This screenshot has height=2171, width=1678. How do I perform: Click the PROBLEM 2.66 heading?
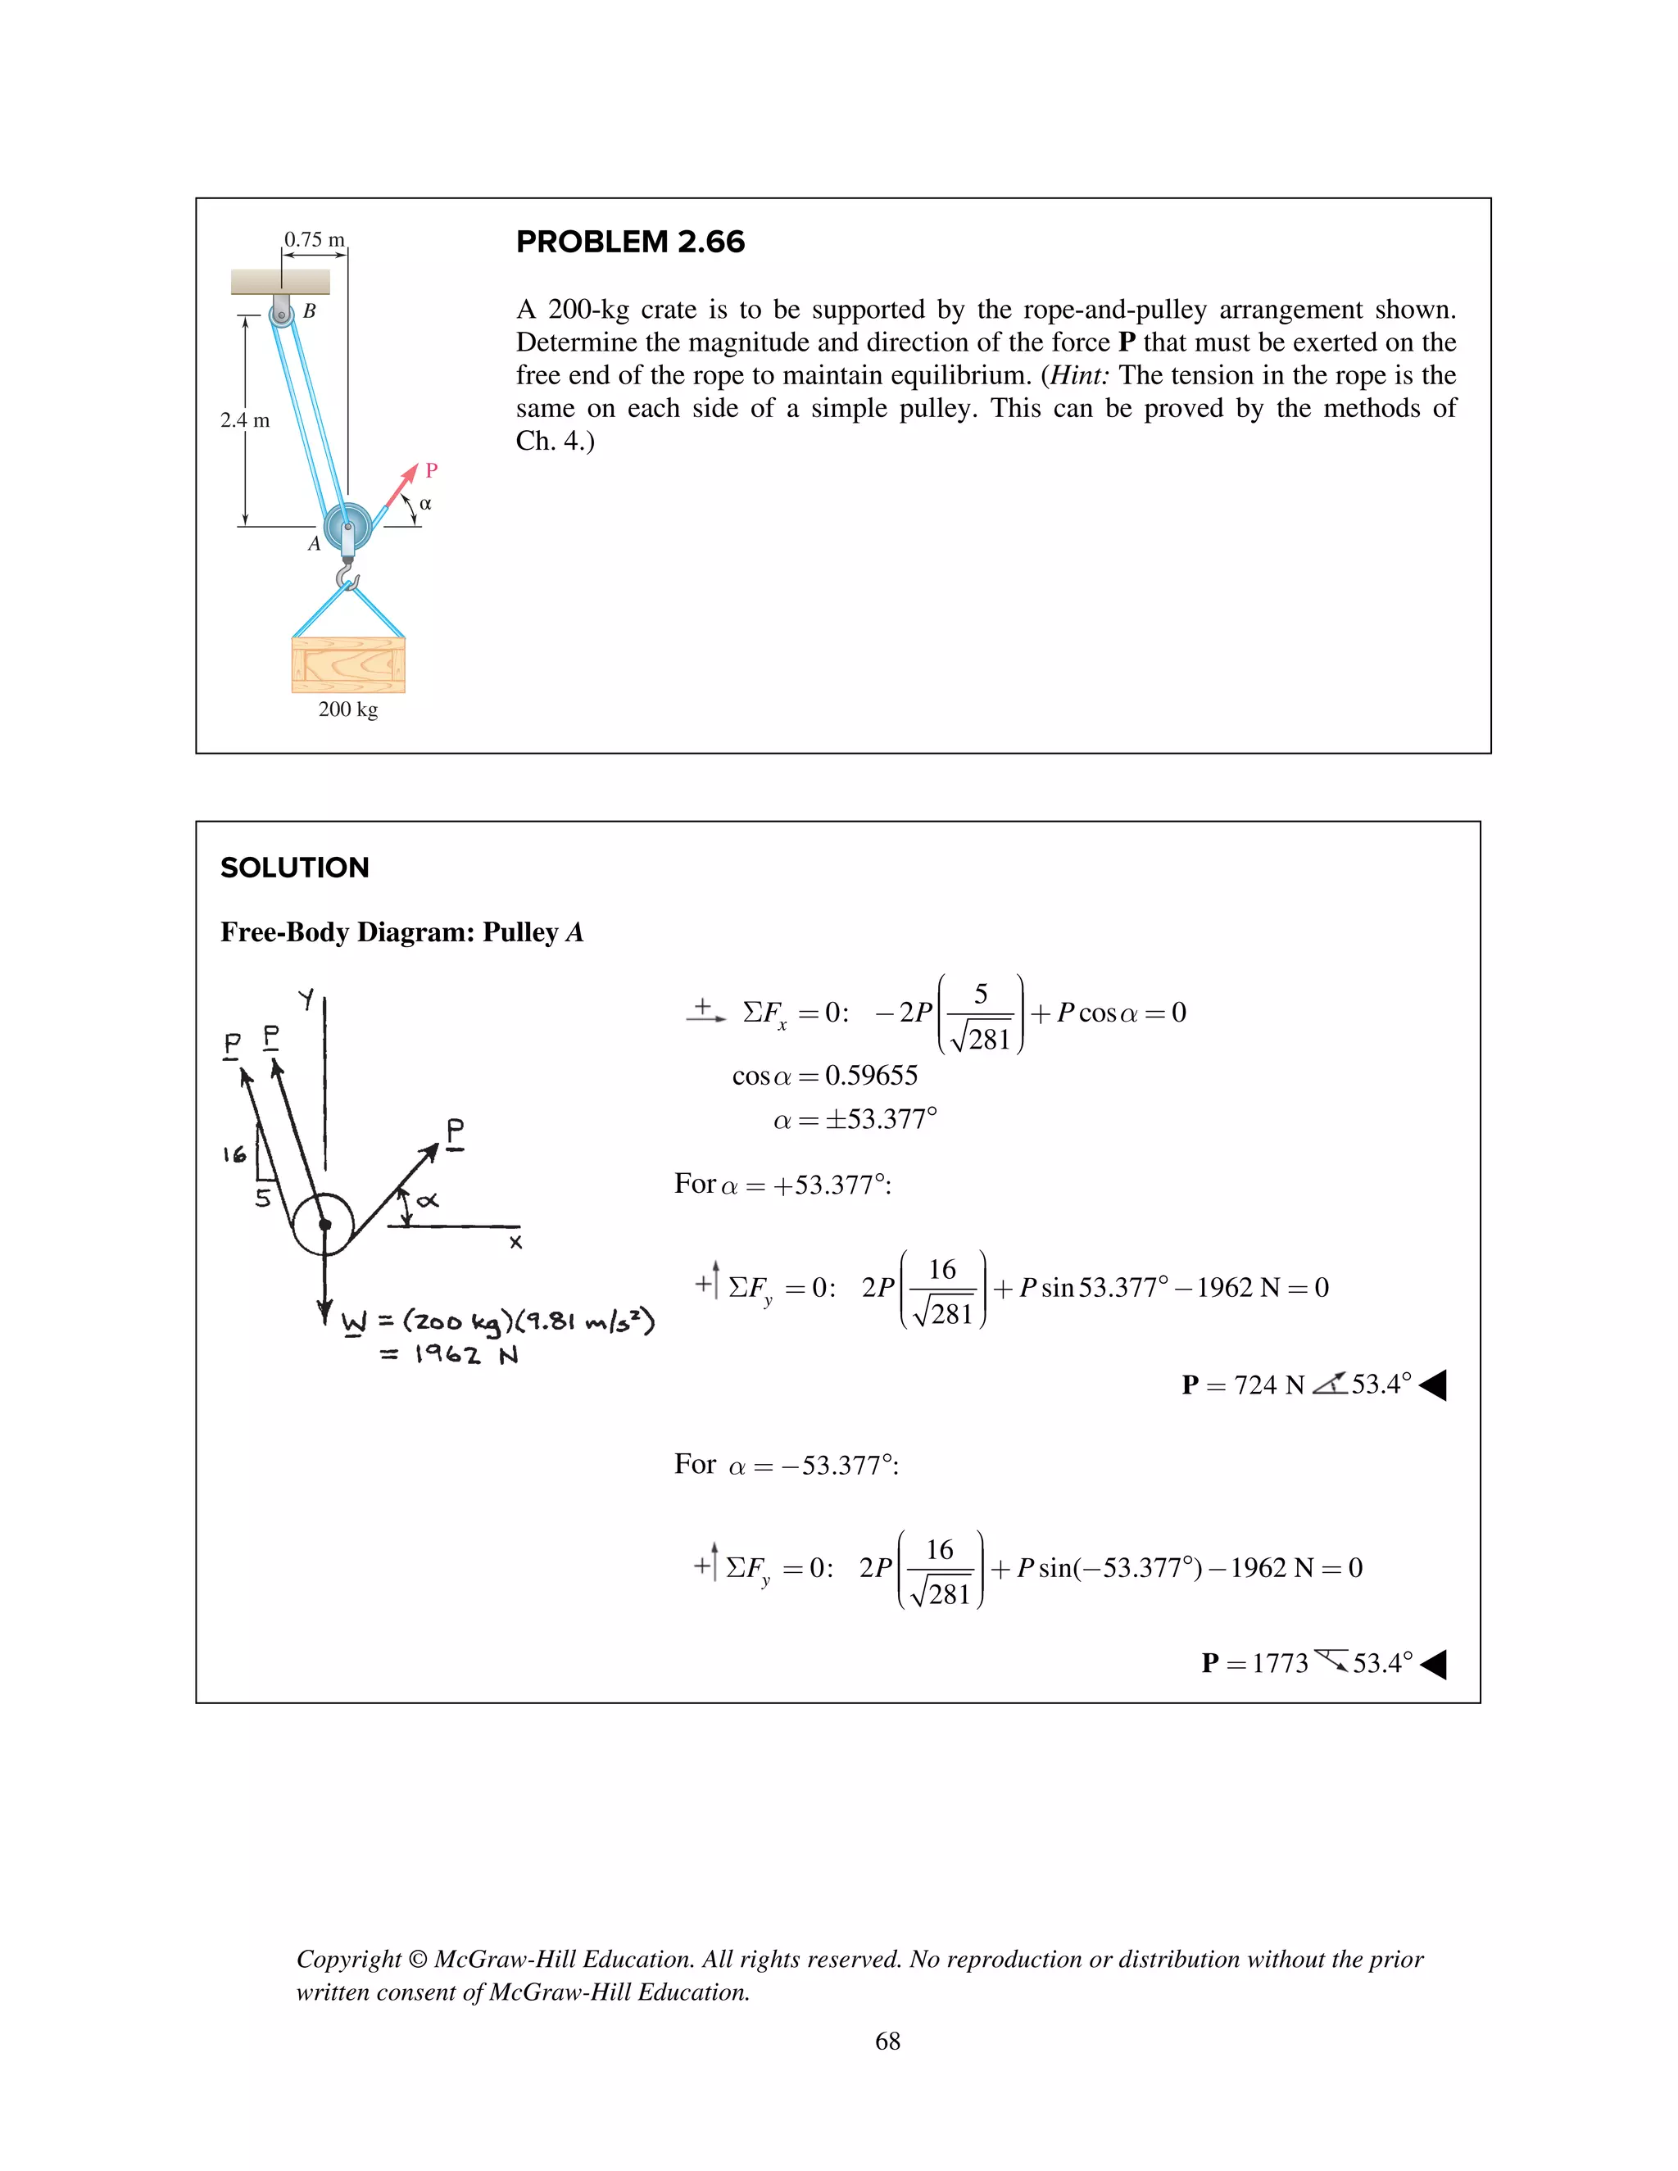630,242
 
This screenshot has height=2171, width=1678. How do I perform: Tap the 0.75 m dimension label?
314,239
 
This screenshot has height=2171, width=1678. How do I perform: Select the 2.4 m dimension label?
244,420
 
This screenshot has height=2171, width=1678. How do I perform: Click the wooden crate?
348,664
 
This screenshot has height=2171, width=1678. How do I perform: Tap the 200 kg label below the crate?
348,709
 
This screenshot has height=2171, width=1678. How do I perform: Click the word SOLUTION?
294,868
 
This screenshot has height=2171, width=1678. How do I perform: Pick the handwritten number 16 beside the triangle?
234,1154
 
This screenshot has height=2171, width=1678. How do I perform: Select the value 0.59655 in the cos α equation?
871,1076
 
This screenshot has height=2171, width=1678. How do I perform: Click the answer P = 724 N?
1243,1385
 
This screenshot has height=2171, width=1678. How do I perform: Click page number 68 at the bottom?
887,2041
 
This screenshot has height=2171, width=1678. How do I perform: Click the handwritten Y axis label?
306,998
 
